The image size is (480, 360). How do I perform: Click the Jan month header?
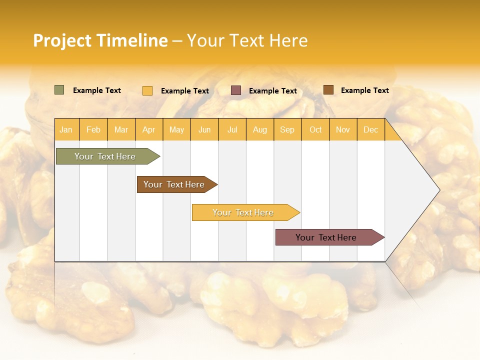66,129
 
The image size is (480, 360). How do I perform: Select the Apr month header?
149,129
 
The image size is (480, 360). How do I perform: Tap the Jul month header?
232,129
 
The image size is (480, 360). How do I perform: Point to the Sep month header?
287,129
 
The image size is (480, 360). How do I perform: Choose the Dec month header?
370,129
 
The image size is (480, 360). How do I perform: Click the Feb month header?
93,129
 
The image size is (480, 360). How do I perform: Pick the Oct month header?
315,129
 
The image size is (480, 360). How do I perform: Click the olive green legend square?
59,90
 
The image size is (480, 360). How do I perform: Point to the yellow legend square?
147,90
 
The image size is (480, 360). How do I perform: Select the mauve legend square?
236,90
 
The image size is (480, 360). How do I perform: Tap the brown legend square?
328,90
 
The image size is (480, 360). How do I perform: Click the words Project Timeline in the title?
100,40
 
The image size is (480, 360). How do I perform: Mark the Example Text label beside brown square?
364,90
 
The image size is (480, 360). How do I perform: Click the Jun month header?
204,129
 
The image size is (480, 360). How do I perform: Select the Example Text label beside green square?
97,90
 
